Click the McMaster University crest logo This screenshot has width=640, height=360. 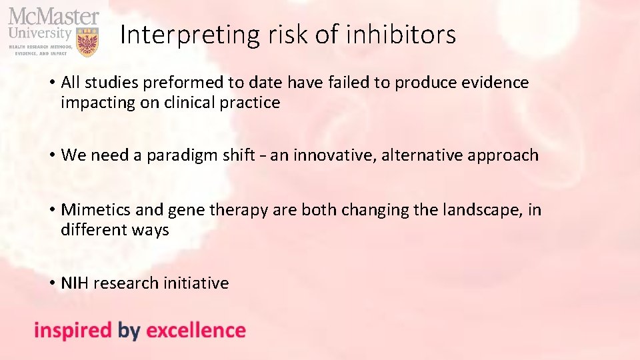point(87,42)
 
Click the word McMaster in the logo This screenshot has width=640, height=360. point(53,15)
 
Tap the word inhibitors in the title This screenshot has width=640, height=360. point(402,35)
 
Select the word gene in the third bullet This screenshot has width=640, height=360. point(187,210)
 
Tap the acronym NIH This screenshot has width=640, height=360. point(75,283)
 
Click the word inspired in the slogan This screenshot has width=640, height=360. point(73,331)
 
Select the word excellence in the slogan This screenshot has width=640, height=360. point(195,331)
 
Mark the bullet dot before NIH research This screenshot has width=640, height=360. point(51,283)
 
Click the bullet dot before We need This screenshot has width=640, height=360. point(51,155)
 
